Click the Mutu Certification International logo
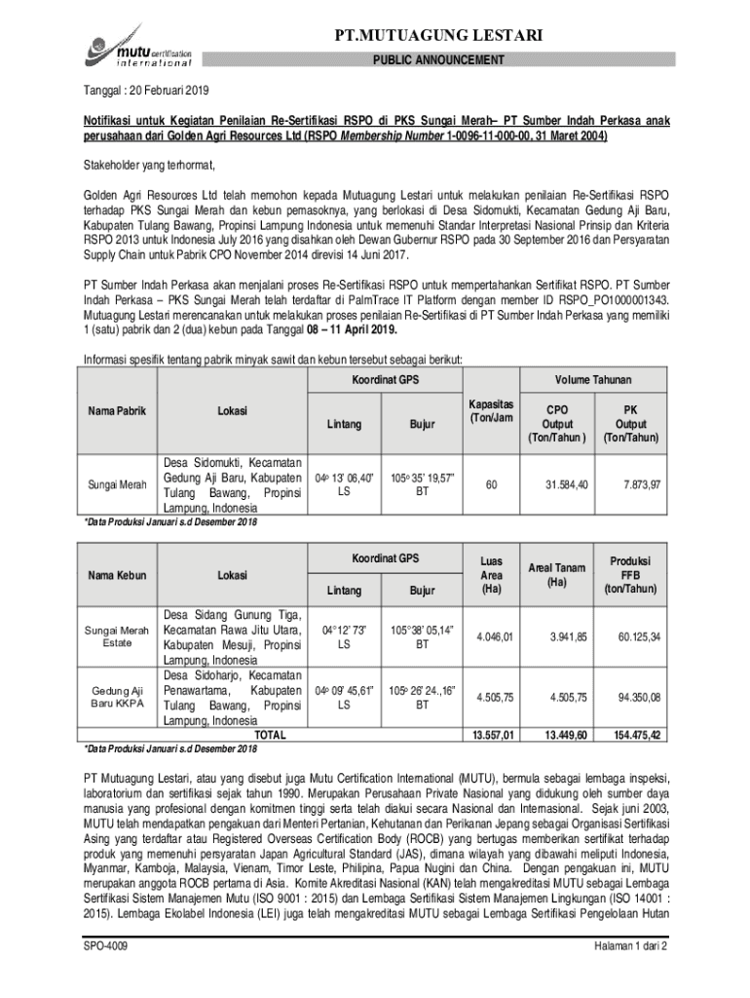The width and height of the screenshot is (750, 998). coord(132,47)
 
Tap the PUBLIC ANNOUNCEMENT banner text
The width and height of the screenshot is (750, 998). coord(439,60)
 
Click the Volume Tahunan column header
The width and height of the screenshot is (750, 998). coord(593,379)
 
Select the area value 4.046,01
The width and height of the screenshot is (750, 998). coord(494,637)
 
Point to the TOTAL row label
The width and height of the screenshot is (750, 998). coord(270,733)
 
